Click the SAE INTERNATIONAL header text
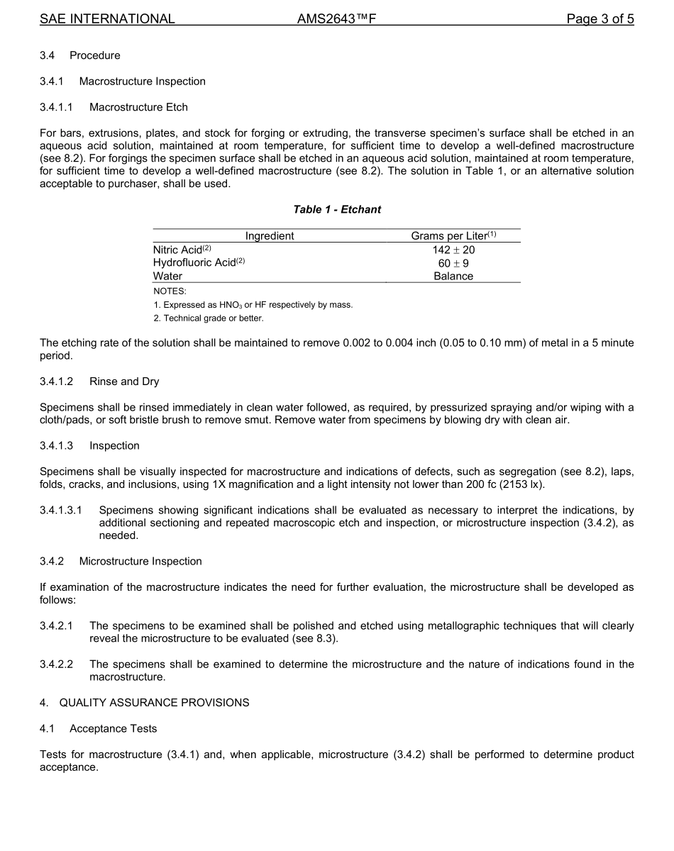point(107,19)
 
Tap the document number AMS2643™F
point(336,19)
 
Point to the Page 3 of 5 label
point(600,19)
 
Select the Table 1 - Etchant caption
point(337,209)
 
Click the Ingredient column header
point(270,236)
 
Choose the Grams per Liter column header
point(453,236)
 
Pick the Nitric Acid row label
point(182,250)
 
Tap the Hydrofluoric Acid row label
point(199,263)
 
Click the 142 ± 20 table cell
point(453,250)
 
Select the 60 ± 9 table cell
point(453,263)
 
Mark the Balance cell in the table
point(453,277)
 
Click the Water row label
point(167,277)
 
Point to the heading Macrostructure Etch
point(138,107)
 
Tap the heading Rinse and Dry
point(124,382)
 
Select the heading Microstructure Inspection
point(140,561)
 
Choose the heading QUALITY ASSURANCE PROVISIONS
point(154,703)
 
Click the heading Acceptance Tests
point(114,729)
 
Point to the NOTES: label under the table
point(170,291)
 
